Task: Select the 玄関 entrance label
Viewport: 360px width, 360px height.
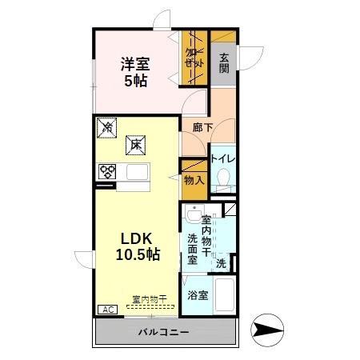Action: [225, 63]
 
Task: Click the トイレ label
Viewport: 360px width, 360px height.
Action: [222, 158]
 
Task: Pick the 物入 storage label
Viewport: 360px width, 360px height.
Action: [194, 180]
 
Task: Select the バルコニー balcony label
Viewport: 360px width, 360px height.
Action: [162, 330]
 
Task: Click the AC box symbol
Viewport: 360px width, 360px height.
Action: [105, 308]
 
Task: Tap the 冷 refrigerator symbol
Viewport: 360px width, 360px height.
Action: [106, 126]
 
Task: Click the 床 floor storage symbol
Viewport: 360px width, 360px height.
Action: [136, 145]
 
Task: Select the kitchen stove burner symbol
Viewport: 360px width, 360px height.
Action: [107, 170]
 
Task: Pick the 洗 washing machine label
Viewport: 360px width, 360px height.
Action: [220, 264]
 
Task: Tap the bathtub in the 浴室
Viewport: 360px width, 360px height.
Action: [225, 295]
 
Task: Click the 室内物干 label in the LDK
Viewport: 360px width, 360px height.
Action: [150, 300]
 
